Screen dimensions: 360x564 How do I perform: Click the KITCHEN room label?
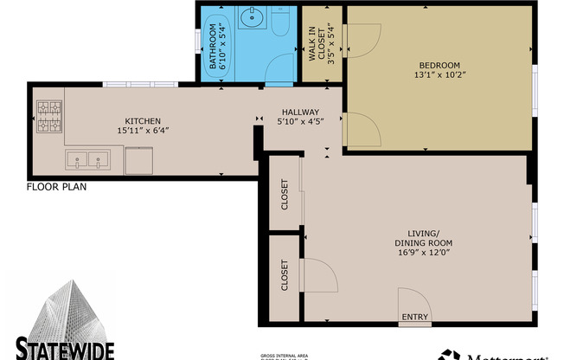click(x=142, y=121)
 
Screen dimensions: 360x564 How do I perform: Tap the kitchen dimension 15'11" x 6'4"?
click(x=143, y=132)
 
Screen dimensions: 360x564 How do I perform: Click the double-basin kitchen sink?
click(x=87, y=158)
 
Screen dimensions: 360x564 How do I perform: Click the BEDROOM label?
click(x=439, y=64)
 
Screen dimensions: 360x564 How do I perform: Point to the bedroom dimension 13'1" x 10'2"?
click(x=439, y=74)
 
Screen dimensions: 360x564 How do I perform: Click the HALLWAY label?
click(x=298, y=112)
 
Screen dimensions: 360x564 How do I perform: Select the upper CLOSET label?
click(x=285, y=195)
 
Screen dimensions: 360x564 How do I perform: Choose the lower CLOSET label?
click(x=285, y=275)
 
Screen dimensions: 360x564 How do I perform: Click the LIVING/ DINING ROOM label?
click(x=424, y=237)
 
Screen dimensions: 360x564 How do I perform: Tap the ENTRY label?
click(x=414, y=318)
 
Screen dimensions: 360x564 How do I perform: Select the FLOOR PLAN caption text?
click(x=56, y=186)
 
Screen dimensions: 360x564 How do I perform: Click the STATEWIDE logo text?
click(x=65, y=350)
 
